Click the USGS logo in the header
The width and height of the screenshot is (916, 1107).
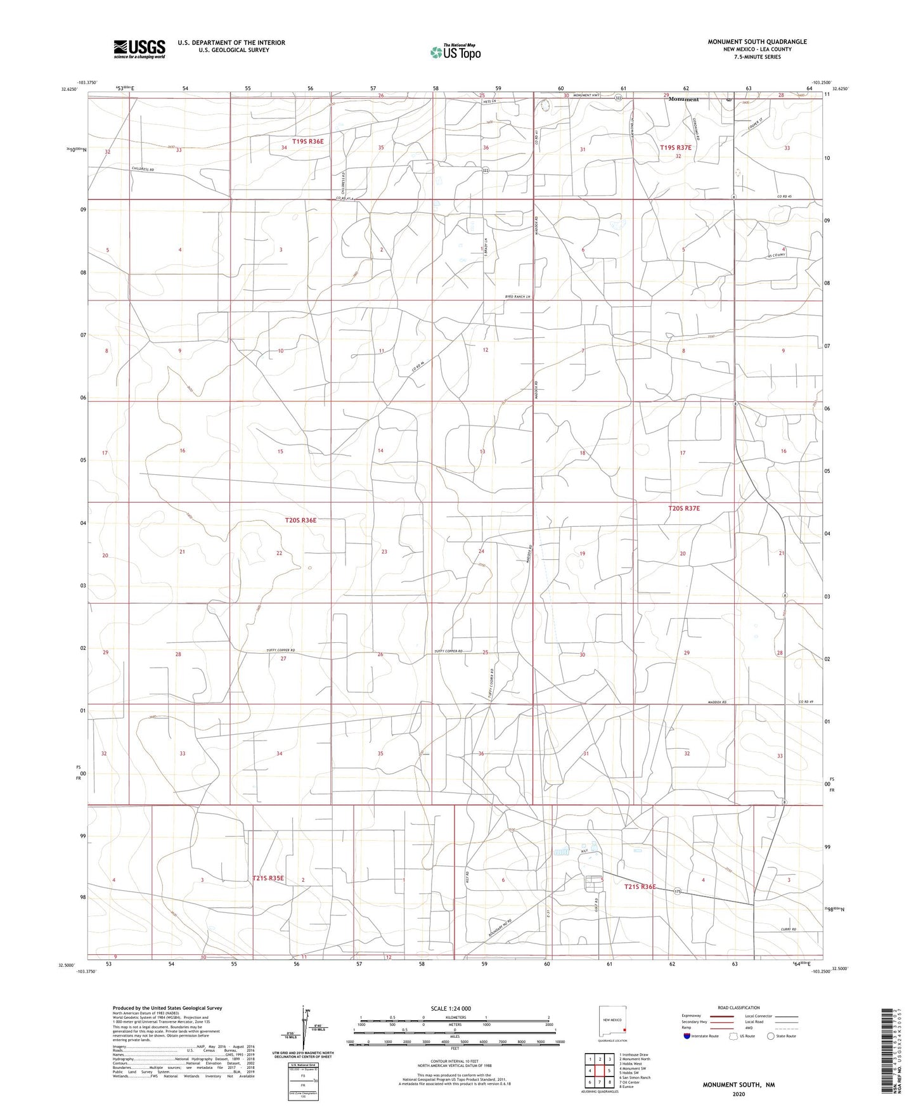click(x=139, y=48)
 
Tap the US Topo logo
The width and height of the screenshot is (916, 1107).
click(x=455, y=52)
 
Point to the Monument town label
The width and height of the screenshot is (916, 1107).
click(x=683, y=100)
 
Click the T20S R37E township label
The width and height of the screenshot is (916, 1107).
click(x=684, y=508)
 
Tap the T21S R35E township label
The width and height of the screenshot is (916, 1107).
click(x=268, y=878)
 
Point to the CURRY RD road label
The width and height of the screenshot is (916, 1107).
click(x=788, y=929)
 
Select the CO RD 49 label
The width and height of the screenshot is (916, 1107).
click(x=805, y=701)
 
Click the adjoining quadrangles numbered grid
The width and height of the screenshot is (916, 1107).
click(x=599, y=1071)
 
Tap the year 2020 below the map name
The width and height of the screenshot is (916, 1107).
click(x=738, y=1094)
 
